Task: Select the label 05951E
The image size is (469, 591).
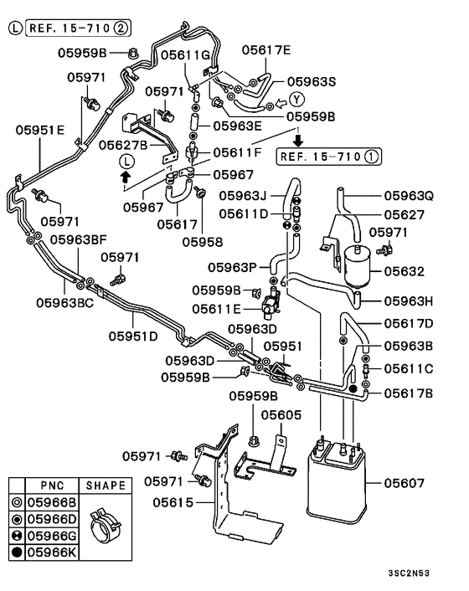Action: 39,130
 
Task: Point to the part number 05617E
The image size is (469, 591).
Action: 266,49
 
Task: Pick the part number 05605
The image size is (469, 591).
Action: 280,414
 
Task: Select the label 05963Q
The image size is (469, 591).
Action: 409,196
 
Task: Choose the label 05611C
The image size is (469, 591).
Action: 409,368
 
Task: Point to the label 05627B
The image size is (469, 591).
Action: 122,145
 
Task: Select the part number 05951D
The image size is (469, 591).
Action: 132,337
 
